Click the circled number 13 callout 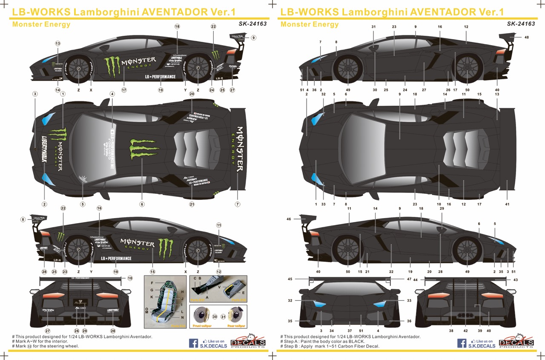(x=57, y=43)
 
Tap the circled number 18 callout (x=177, y=26)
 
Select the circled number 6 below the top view (x=142, y=204)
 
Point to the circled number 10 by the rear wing (x=130, y=278)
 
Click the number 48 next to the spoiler (x=527, y=37)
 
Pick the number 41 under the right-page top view (x=507, y=204)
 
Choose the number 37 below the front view (x=350, y=331)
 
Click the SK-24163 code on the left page (x=253, y=24)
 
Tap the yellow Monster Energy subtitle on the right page (x=310, y=24)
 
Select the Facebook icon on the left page (x=193, y=343)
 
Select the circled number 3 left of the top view (x=35, y=94)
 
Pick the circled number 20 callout (x=192, y=94)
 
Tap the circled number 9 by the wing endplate (x=253, y=37)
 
